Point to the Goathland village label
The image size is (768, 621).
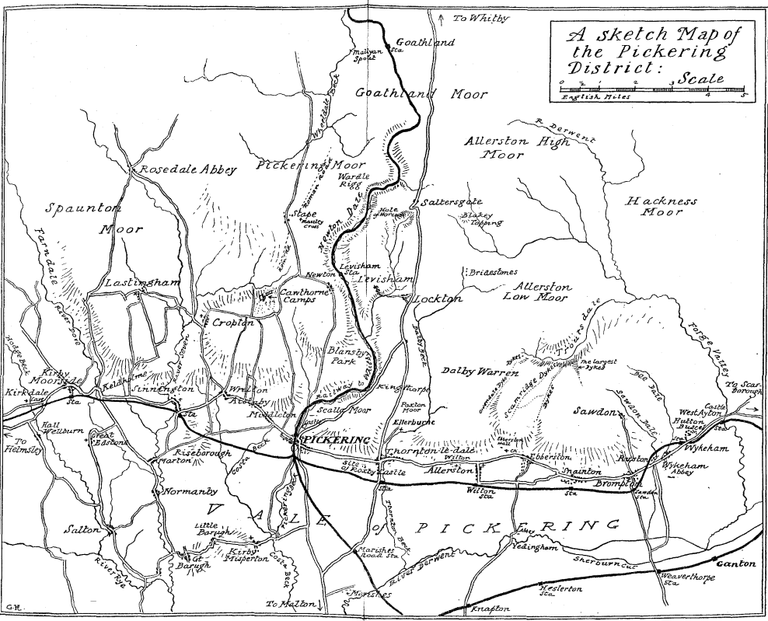click(x=425, y=43)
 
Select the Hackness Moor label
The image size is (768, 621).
click(x=662, y=206)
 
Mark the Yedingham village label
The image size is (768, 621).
click(x=536, y=547)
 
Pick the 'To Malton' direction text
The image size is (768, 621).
click(x=290, y=604)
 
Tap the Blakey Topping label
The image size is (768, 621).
click(x=476, y=220)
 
